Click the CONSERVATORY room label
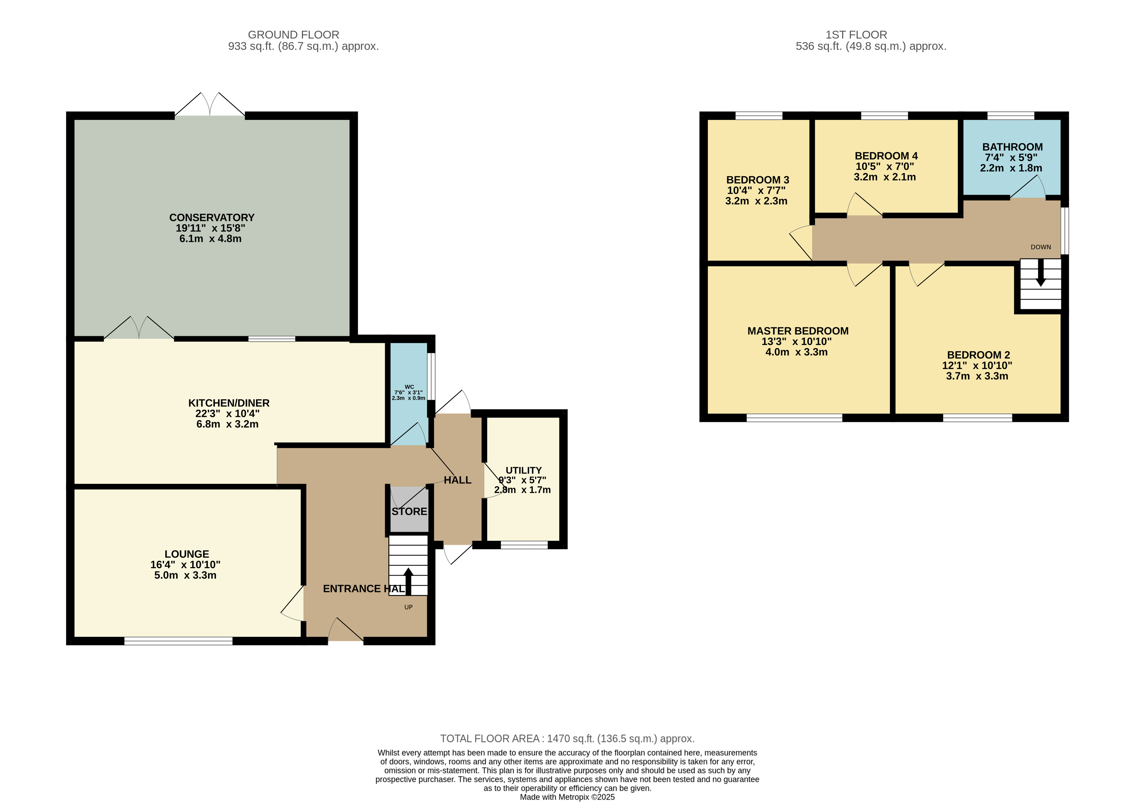pos(212,218)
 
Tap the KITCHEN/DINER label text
pos(229,403)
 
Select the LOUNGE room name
pos(187,554)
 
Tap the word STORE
pos(409,511)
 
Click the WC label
pos(409,387)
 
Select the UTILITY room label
pos(524,471)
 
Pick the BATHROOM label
pos(1012,147)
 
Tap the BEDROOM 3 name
pos(757,180)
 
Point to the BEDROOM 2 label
pos(978,355)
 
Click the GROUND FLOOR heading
pos(294,35)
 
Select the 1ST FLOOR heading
pos(856,35)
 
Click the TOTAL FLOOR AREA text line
pos(568,739)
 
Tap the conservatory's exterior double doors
pos(210,104)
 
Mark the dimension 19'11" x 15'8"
pos(211,228)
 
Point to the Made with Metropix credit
pos(568,797)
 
